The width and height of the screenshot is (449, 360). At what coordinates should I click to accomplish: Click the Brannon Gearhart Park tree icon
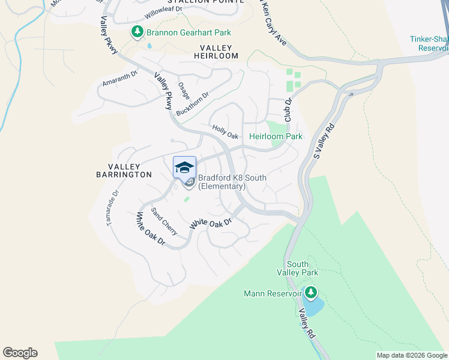tap(137, 31)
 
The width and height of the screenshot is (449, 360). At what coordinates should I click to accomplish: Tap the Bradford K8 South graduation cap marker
tap(184, 167)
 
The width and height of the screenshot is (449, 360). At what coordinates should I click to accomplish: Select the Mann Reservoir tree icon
tap(310, 293)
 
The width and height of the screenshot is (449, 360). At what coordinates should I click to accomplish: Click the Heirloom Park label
tap(276, 136)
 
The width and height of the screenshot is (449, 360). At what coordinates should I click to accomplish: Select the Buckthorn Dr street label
tap(193, 104)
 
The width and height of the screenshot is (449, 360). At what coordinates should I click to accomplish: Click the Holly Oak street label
tap(226, 131)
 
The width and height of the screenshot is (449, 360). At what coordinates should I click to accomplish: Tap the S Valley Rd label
tap(324, 142)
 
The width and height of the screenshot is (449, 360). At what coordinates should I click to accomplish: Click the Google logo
tap(20, 353)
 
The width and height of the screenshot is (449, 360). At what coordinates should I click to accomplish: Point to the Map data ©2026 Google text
tap(411, 355)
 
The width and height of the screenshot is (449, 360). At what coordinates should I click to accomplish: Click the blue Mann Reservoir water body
tap(313, 307)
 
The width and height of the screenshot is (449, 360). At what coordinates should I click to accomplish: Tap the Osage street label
tap(184, 91)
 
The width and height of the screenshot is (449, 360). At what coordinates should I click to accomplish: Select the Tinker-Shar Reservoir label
tap(429, 43)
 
